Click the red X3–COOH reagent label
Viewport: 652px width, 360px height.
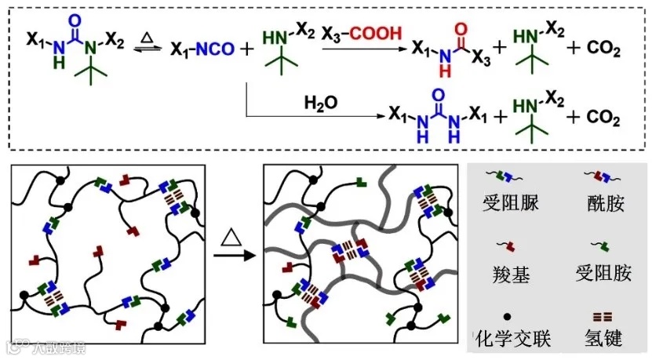click(363, 33)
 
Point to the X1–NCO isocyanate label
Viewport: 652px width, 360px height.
click(202, 50)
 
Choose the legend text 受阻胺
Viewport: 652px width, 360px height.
click(604, 272)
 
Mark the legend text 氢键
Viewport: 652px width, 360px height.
click(604, 338)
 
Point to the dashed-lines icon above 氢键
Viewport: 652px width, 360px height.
click(603, 316)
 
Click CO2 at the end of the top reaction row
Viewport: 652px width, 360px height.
click(604, 51)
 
